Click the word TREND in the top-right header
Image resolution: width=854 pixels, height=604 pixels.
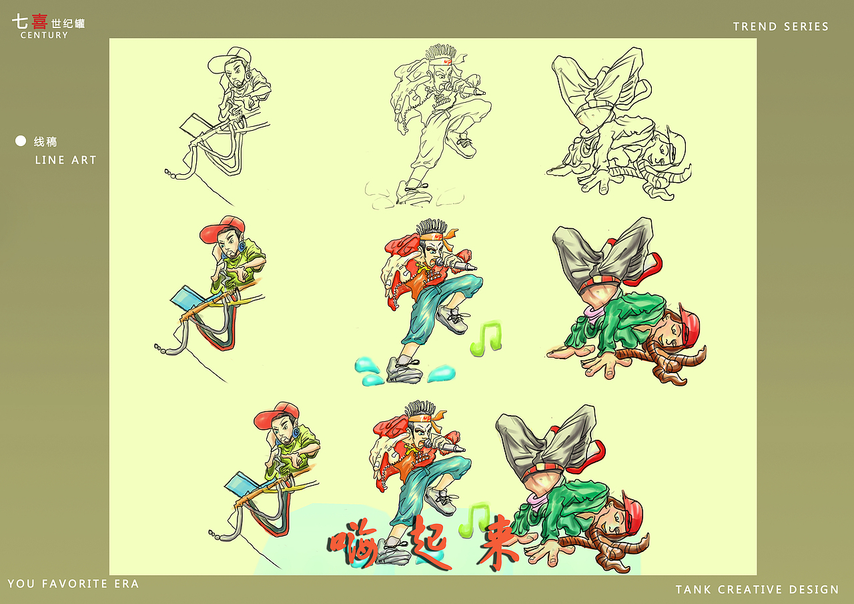755,26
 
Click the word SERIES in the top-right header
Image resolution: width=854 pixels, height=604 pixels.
807,26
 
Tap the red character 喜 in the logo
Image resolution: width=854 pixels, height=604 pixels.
39,21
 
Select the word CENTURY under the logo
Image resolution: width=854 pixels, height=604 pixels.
44,35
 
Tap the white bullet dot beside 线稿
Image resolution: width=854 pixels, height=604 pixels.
21,141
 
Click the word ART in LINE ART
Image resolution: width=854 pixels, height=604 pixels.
84,160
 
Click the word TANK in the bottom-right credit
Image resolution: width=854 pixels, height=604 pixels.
693,589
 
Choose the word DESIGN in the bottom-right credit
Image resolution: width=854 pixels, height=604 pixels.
814,589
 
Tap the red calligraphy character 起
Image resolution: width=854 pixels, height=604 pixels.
427,541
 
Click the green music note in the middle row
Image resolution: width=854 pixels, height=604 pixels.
486,338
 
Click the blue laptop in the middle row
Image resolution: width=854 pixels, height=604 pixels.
189,298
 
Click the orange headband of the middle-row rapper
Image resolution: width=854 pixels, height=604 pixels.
438,236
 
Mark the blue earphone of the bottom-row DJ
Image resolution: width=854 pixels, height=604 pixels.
296,432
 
